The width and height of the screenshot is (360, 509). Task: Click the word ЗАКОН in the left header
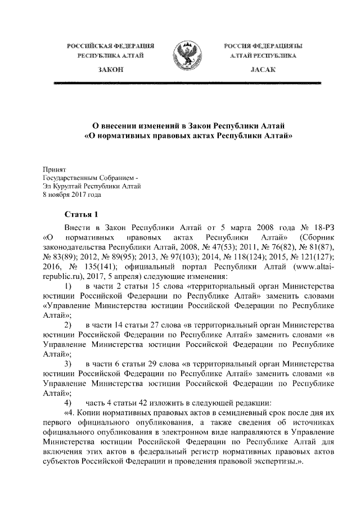111,68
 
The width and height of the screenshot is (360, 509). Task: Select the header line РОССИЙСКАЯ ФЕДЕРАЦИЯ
111,45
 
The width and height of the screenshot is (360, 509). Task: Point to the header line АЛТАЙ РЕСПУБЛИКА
260,56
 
